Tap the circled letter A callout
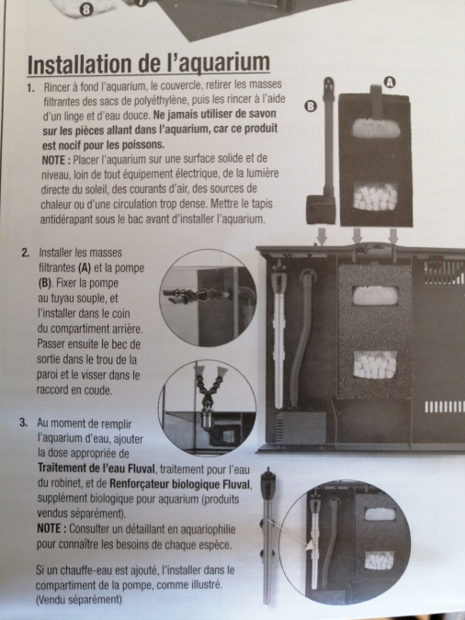[390, 83]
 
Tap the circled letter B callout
[311, 106]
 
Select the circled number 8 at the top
[85, 10]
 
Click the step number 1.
[30, 88]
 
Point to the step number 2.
[26, 253]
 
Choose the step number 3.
[23, 423]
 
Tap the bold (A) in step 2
[85, 268]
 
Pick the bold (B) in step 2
[45, 284]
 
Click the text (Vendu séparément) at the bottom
[79, 600]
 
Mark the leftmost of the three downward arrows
[323, 236]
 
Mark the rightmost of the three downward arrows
[393, 236]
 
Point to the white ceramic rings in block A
[375, 197]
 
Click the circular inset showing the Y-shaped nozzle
[207, 407]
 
